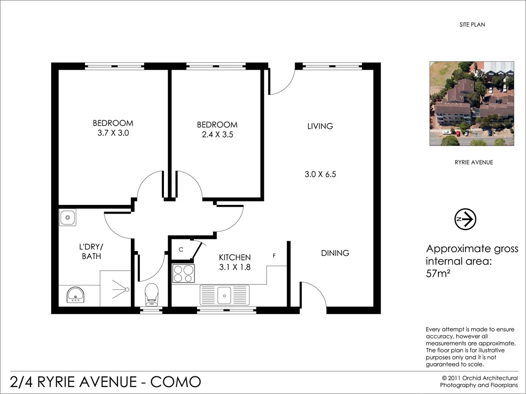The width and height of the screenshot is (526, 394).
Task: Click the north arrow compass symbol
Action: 465,219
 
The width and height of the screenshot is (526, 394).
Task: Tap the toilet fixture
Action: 152,294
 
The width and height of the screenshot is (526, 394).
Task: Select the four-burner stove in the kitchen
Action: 184,273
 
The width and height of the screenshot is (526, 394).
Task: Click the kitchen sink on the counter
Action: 224,295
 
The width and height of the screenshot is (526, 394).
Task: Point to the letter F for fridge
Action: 275,256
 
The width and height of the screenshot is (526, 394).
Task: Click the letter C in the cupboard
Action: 181,250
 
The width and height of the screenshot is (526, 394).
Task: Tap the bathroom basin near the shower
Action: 75,295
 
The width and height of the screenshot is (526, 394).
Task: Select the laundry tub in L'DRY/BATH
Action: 67,217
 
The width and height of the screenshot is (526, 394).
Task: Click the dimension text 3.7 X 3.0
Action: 113,133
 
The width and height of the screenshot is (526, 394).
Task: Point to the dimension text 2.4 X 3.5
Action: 217,134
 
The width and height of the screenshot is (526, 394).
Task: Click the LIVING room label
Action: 320,126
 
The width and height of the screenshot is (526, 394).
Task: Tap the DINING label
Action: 335,253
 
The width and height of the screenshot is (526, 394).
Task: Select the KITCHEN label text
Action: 235,257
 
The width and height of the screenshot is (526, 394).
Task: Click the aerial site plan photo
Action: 471,104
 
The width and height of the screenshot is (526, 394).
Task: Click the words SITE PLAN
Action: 471,25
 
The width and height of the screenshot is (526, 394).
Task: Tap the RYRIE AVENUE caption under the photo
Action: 473,163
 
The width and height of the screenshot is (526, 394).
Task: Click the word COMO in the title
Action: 175,381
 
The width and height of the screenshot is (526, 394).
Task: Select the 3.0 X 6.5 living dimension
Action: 321,174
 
